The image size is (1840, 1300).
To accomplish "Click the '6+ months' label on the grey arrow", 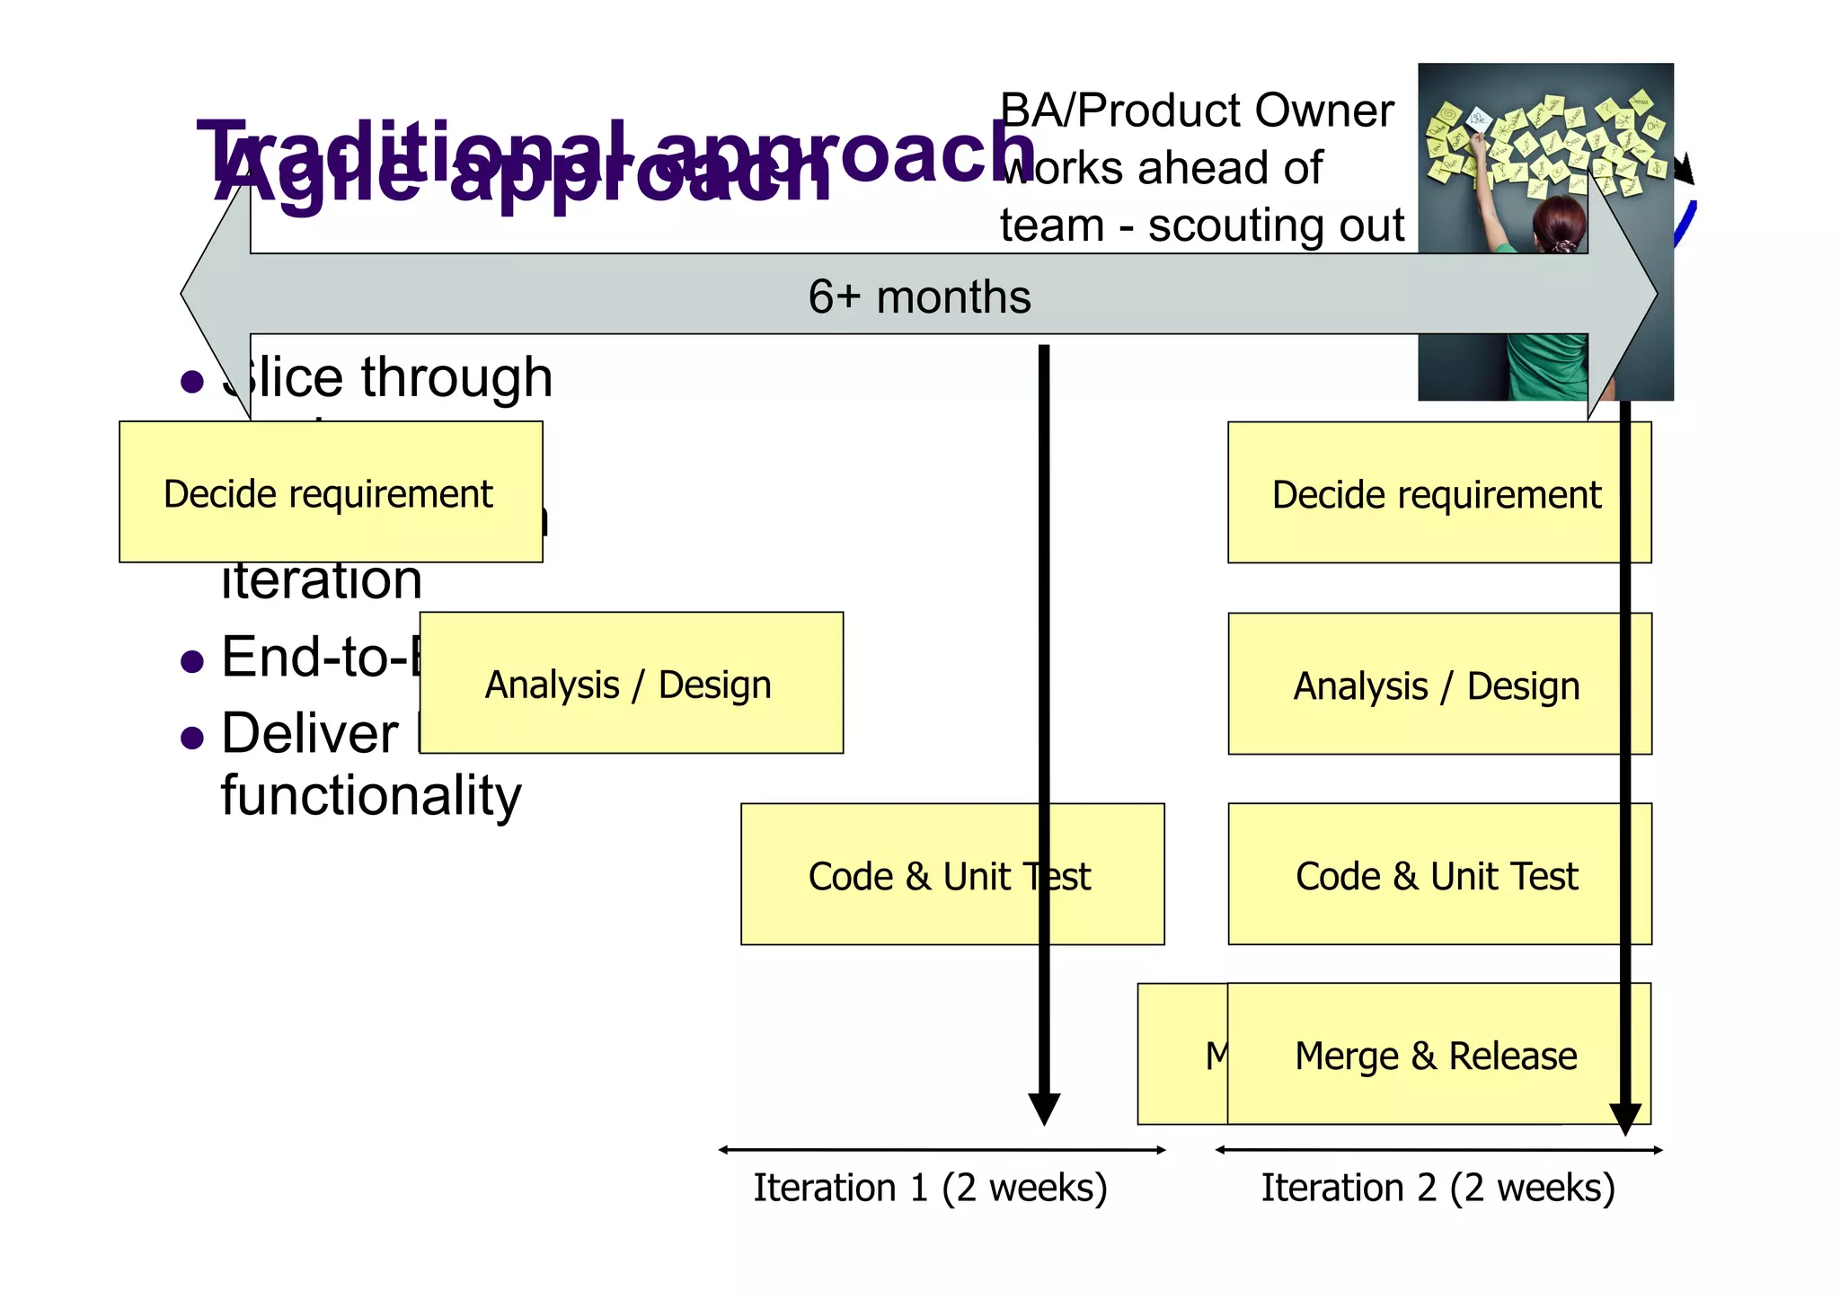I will coord(919,296).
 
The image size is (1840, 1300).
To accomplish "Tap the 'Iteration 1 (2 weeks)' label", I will coord(930,1188).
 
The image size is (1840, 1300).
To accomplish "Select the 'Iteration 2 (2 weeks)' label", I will coord(1437,1188).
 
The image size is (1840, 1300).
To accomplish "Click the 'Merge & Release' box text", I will coord(1436,1056).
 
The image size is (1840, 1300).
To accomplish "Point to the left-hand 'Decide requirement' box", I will coord(329,493).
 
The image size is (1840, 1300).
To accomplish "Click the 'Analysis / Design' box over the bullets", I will coord(629,685).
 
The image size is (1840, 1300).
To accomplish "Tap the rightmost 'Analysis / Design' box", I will coord(1436,686).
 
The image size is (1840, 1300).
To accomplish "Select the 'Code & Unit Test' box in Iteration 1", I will coord(949,876).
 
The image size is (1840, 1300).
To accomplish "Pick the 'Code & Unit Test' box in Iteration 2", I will coord(1436,876).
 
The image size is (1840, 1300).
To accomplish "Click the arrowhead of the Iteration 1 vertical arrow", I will coord(1044,1109).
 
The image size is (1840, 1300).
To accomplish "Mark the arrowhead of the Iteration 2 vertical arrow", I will coord(1625,1119).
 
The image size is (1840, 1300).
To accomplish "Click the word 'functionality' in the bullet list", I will coord(371,796).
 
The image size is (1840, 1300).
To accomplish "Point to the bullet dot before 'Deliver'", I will coord(192,738).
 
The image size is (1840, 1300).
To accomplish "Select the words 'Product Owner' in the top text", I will coord(1235,111).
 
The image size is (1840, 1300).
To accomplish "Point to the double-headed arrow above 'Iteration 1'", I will coord(942,1150).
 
